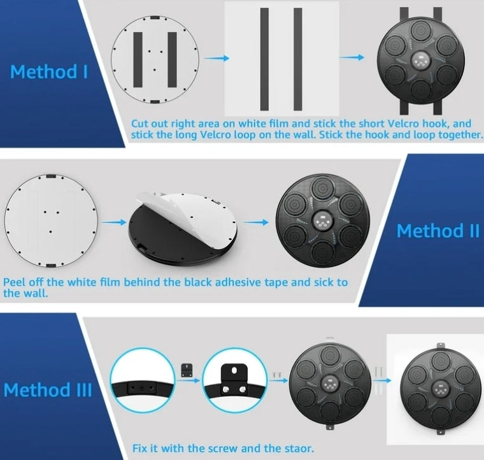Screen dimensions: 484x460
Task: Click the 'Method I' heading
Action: click(x=49, y=71)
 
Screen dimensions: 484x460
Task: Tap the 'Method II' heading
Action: click(x=438, y=231)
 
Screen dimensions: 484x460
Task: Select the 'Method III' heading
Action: click(x=48, y=390)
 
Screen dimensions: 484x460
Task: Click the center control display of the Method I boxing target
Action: click(x=421, y=60)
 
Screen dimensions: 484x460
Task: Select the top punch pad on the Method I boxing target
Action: click(x=421, y=30)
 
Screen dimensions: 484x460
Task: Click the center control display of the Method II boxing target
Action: click(x=323, y=221)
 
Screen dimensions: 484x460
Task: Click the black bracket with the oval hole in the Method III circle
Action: click(x=234, y=375)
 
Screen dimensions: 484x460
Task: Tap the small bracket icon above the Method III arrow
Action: click(x=187, y=370)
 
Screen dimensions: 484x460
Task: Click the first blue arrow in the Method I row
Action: click(x=217, y=58)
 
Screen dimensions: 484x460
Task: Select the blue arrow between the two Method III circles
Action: click(x=189, y=380)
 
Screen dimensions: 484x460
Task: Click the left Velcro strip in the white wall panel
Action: click(x=264, y=59)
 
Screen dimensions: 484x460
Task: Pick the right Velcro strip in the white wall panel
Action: click(x=298, y=59)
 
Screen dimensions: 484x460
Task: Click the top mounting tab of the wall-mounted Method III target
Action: click(x=440, y=345)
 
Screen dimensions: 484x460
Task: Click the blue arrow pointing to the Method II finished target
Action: click(x=256, y=222)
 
